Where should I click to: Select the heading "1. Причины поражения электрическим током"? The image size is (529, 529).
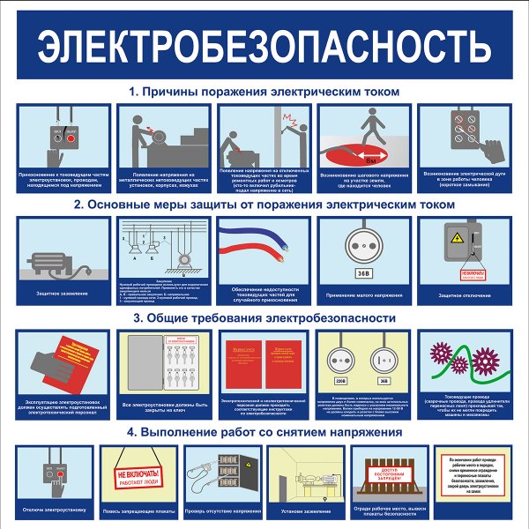tap(264, 91)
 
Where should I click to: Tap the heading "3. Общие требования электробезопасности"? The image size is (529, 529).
tap(264, 317)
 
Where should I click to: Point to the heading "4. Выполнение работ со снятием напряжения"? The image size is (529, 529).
tap(264, 432)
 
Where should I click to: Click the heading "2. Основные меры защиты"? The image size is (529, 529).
tap(264, 204)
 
